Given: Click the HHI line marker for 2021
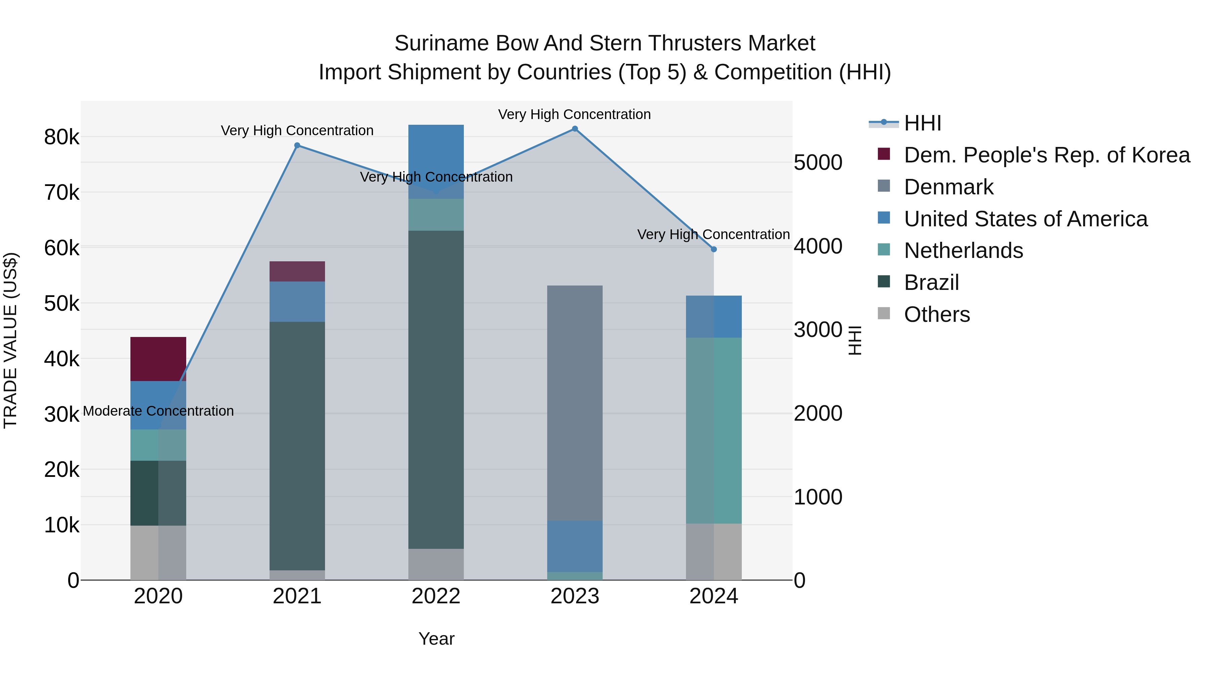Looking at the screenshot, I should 297,146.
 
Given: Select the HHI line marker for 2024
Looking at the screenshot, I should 714,249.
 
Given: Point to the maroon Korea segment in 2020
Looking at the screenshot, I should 158,358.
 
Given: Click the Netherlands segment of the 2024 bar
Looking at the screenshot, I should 714,430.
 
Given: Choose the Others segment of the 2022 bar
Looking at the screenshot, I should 436,564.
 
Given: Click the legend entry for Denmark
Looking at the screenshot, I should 949,187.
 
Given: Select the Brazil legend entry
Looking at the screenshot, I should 931,282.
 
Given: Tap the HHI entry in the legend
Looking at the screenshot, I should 922,123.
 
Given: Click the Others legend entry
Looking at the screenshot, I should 937,314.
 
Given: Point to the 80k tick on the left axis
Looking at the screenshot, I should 62,137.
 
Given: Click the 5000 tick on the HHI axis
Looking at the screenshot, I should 818,163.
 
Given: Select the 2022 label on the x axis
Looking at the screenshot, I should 436,596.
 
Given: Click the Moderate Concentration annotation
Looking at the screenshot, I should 158,411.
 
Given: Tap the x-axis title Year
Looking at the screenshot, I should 436,639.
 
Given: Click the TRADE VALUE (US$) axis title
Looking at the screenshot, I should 10,340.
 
